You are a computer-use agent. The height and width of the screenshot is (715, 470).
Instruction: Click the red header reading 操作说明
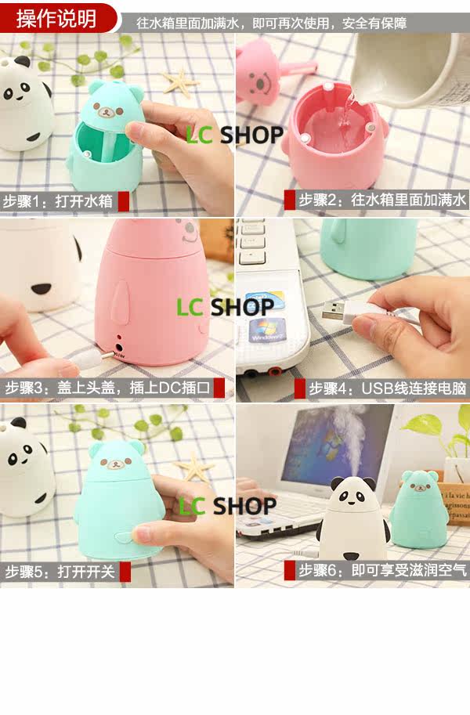click(x=56, y=18)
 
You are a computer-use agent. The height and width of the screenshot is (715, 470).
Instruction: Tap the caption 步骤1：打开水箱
click(x=57, y=201)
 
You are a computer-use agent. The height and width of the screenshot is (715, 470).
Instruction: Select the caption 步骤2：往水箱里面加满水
click(x=382, y=200)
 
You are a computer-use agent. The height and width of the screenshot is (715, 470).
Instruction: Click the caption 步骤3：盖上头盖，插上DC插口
click(x=107, y=388)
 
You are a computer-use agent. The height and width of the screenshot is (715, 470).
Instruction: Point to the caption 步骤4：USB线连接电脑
click(x=388, y=388)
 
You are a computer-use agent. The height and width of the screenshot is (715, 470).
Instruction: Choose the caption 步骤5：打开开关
click(x=60, y=572)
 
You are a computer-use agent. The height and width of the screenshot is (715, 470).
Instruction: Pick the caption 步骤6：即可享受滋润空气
click(x=383, y=570)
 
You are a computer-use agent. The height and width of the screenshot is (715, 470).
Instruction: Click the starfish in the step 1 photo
click(x=180, y=83)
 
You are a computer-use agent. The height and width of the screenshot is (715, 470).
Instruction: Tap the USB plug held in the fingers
click(x=338, y=312)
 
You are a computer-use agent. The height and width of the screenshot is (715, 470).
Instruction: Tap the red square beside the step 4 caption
click(x=299, y=388)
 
